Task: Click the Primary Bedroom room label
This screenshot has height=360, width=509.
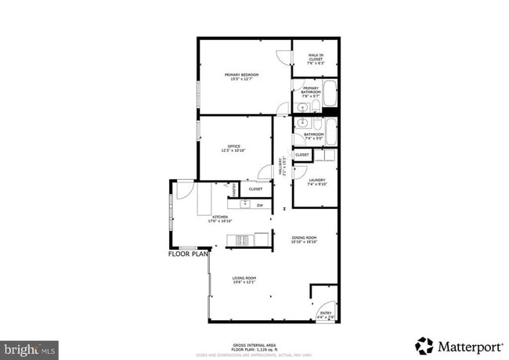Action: (x=244, y=76)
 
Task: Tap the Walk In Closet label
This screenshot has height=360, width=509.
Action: (x=316, y=56)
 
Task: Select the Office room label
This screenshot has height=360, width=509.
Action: (x=233, y=148)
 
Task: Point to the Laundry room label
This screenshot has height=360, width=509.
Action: (x=317, y=182)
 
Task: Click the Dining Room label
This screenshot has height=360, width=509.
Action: (x=304, y=239)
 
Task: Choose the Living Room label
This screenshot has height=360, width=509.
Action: (x=244, y=279)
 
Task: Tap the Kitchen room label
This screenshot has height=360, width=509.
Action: (x=218, y=218)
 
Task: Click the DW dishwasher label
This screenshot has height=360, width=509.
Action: (x=259, y=205)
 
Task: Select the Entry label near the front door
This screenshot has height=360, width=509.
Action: (x=325, y=314)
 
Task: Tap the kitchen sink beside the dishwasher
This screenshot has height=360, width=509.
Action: (x=244, y=205)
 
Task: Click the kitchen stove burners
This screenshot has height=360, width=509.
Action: (x=244, y=239)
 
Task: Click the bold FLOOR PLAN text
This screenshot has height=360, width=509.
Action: (x=189, y=254)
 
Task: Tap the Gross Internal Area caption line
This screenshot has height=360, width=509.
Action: (x=254, y=344)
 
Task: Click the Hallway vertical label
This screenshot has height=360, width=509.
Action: (x=280, y=166)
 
